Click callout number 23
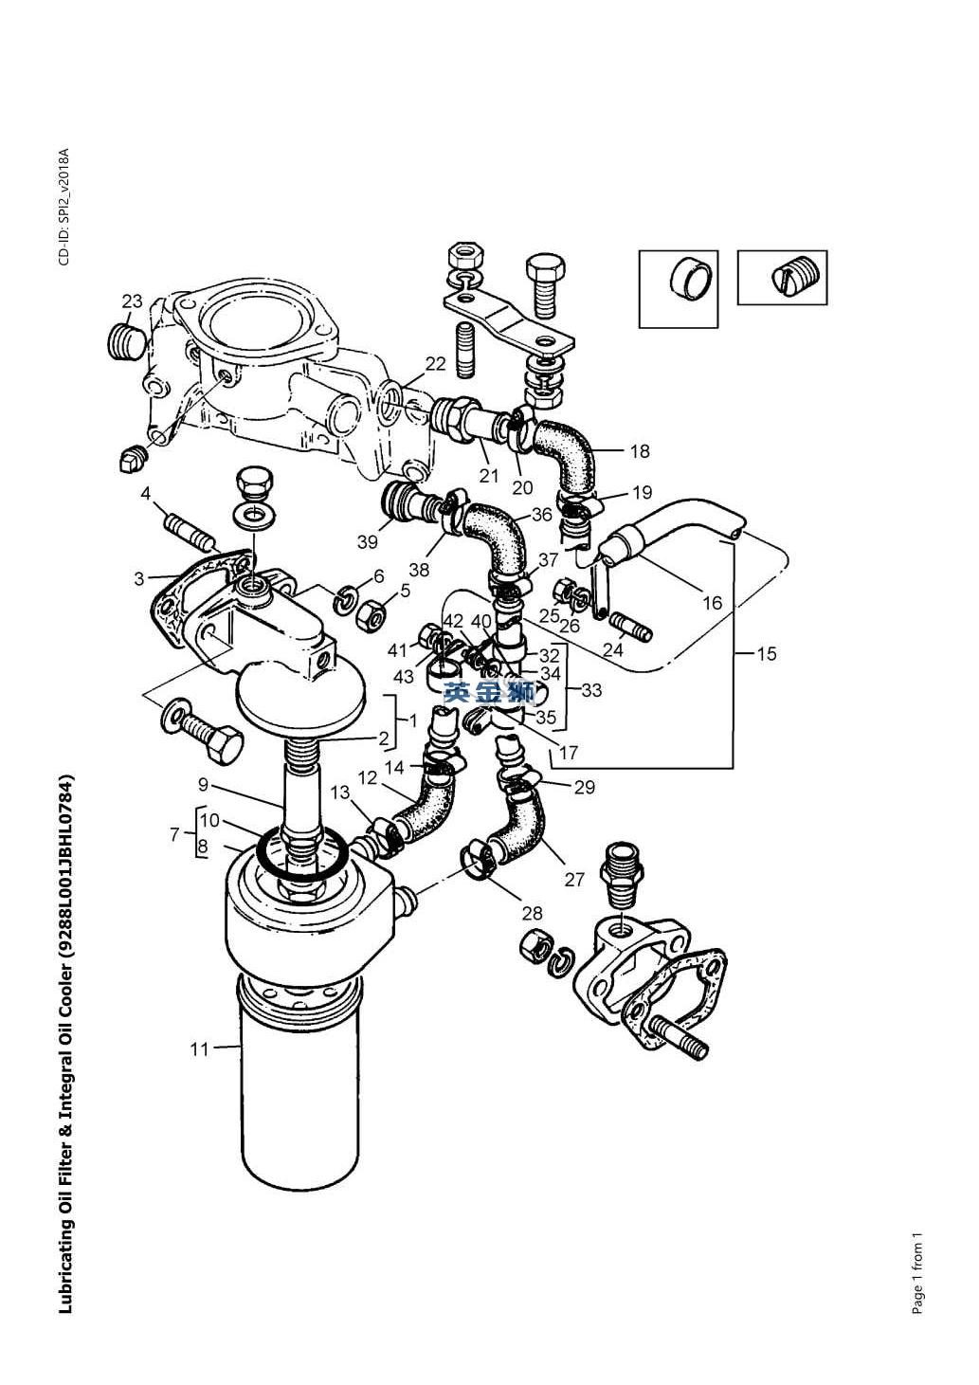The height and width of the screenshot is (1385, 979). click(132, 301)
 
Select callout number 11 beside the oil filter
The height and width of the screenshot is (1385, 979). click(199, 1049)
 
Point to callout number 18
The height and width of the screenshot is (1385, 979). click(640, 451)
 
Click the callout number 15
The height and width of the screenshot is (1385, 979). click(767, 653)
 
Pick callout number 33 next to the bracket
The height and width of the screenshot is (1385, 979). click(591, 690)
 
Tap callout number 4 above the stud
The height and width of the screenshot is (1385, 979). click(145, 493)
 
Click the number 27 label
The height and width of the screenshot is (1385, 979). click(574, 879)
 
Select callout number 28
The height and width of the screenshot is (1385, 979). click(532, 913)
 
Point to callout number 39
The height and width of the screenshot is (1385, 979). click(367, 541)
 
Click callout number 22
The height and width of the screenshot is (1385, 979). click(435, 364)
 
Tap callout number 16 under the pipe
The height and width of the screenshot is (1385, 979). click(712, 602)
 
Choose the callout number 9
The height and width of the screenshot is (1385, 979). click(204, 785)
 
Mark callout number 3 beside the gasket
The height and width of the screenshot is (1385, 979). click(139, 578)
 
